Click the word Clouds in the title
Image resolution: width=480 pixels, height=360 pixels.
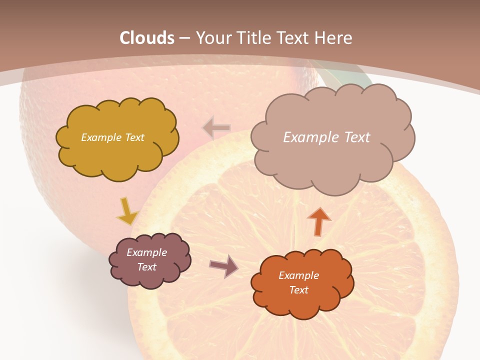pos(147,38)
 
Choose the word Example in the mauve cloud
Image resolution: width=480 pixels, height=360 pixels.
pos(147,252)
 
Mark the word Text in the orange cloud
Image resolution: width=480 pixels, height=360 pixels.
pos(298,290)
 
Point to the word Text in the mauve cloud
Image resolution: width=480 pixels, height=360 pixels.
pos(147,267)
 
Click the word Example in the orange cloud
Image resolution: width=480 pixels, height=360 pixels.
pos(298,275)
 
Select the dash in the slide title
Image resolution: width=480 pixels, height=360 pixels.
pos(184,38)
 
